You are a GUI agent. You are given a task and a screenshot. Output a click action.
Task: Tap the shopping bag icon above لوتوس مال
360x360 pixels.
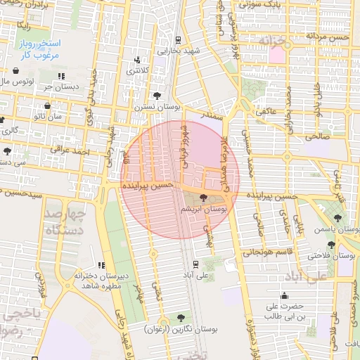tap(16, 70)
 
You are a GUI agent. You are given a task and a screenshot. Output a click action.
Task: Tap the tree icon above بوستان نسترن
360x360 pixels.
tap(155, 95)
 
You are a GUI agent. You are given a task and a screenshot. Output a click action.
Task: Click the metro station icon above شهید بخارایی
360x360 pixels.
tap(179, 40)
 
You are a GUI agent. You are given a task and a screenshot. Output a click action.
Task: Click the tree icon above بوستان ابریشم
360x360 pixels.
tap(204, 198)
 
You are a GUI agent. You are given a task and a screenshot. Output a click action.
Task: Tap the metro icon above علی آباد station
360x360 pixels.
tap(195, 265)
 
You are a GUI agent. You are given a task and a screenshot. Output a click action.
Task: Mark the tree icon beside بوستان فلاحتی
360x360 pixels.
tap(331, 244)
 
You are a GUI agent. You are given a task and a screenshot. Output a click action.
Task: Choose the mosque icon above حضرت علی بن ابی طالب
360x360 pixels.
tap(284, 296)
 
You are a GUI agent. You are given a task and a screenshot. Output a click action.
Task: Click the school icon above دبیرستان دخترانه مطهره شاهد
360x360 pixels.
tap(102, 265)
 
